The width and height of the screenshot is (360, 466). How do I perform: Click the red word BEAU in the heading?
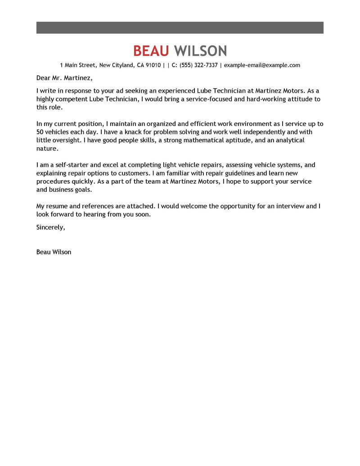coord(151,50)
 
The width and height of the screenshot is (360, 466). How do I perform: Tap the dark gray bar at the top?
coord(180,27)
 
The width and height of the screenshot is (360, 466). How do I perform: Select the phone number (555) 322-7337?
coord(198,65)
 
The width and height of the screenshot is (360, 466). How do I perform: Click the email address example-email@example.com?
coord(262,65)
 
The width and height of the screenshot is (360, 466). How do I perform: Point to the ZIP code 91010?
coord(153,65)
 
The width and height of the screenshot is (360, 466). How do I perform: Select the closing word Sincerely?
coord(50,227)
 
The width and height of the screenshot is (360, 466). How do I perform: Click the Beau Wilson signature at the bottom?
coord(54,252)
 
